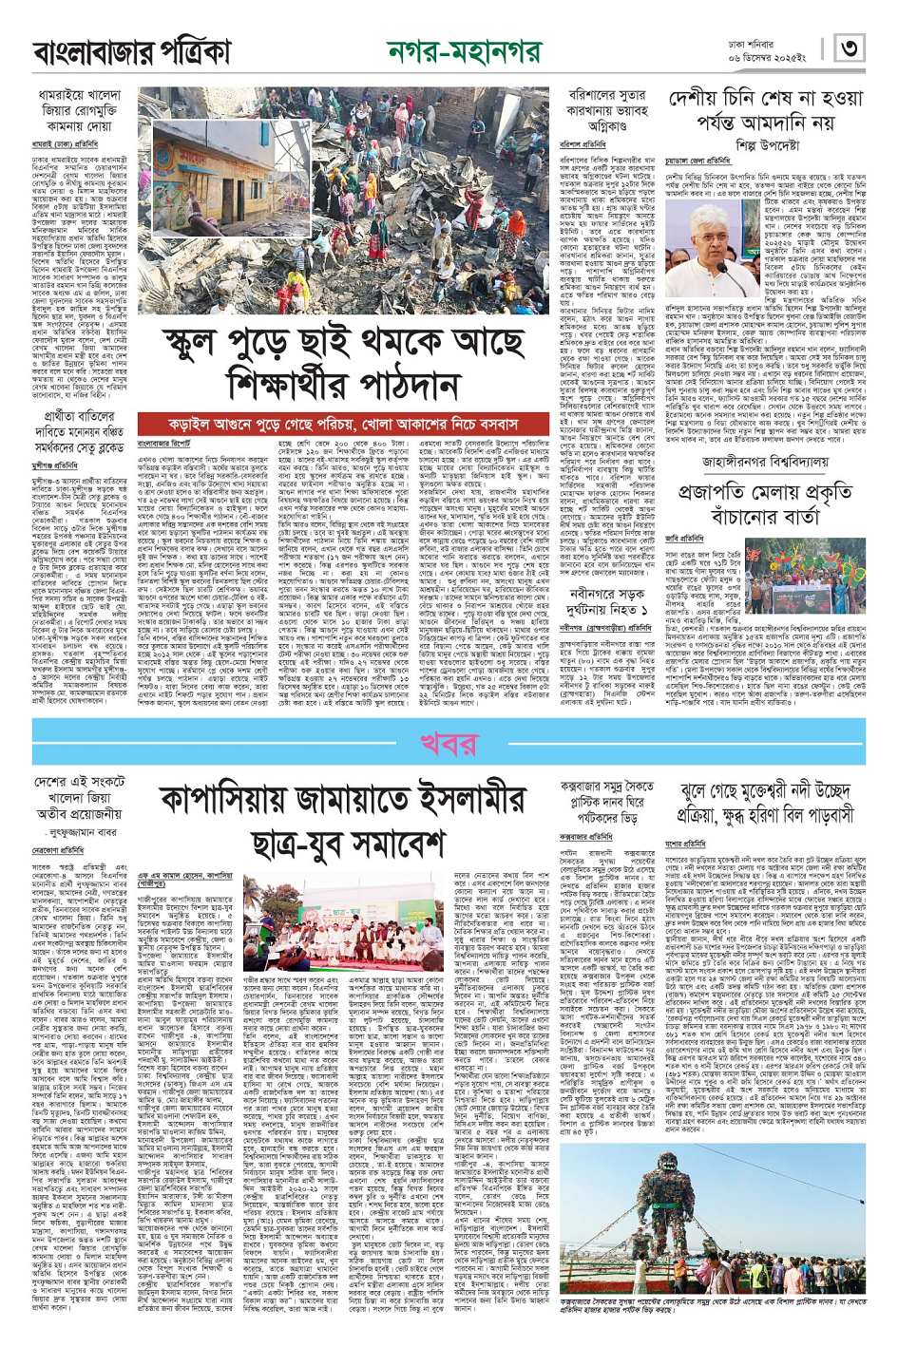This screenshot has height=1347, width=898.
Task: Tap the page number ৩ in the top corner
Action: pos(849,48)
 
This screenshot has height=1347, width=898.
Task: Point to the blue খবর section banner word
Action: pos(448,741)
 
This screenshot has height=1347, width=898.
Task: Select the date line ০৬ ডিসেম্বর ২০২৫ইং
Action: pos(777,59)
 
